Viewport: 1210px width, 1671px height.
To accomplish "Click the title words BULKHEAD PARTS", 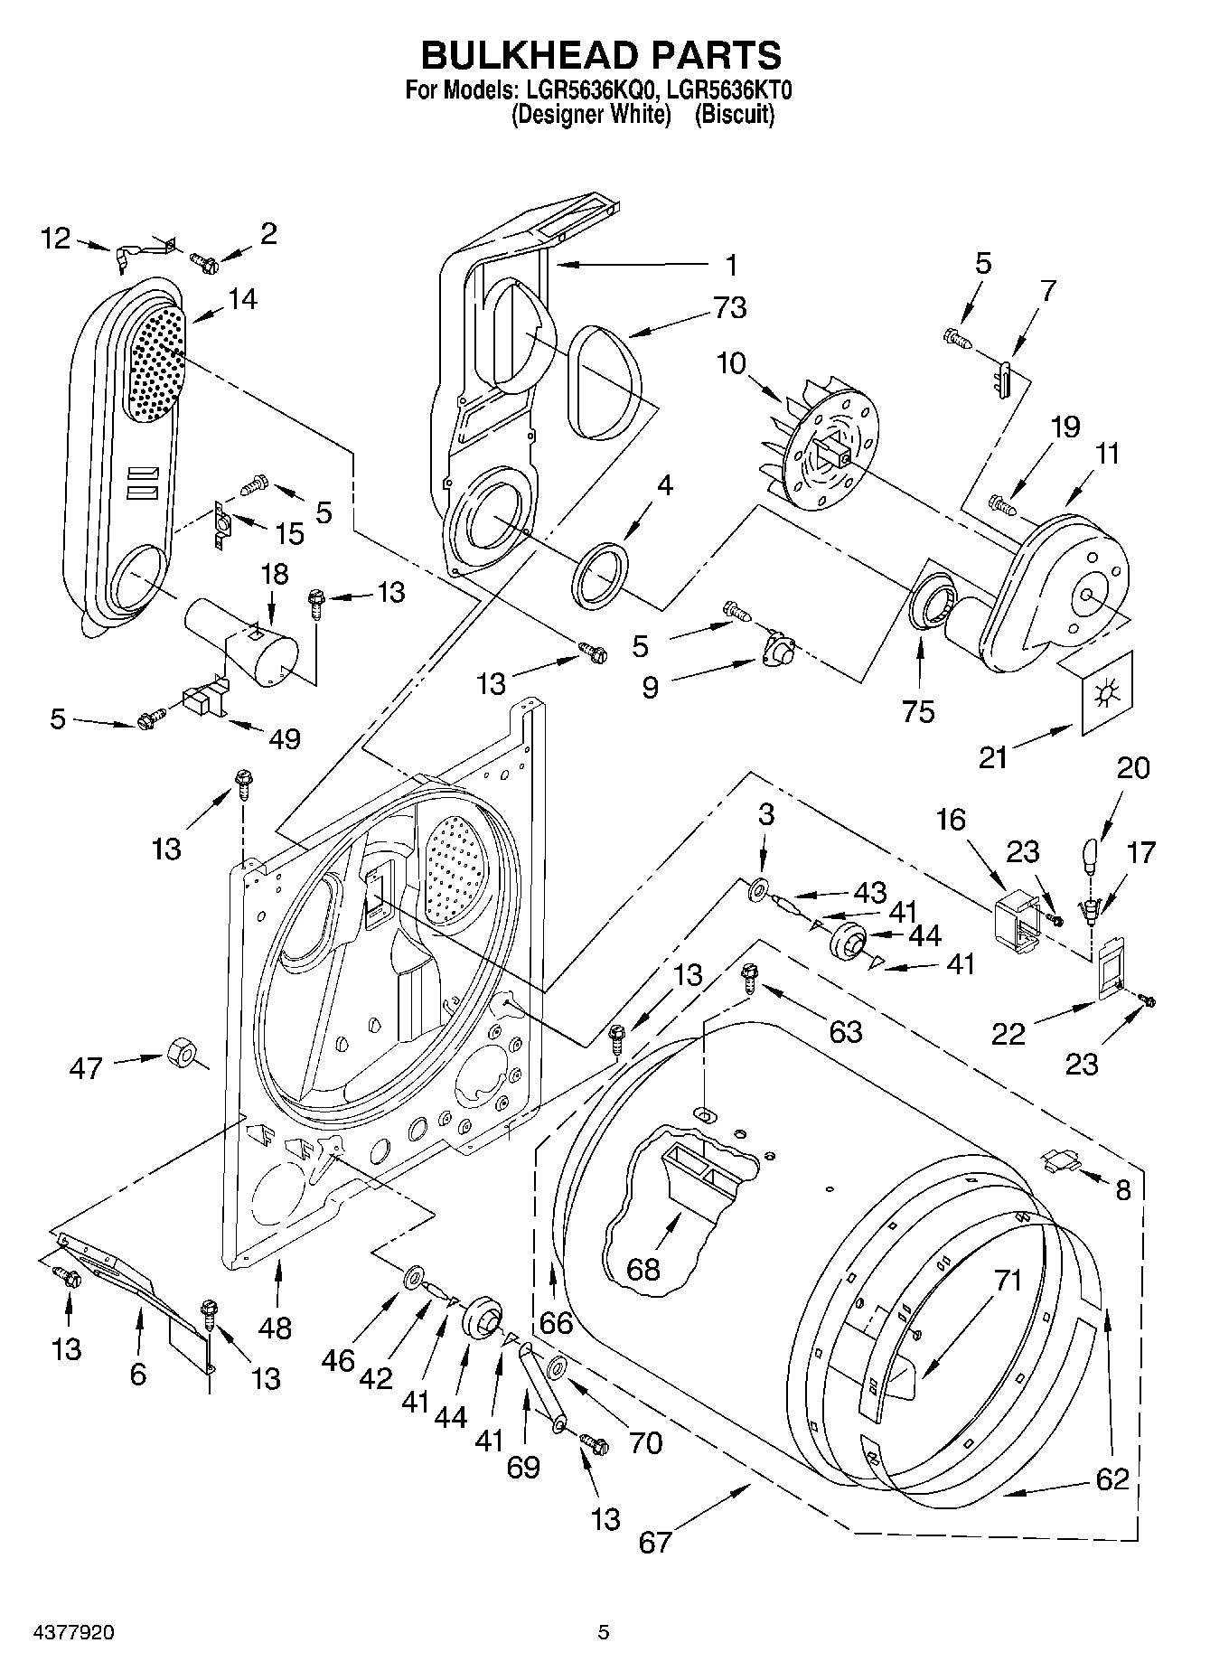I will coord(602,56).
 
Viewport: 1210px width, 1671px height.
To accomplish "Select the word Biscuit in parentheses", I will coord(734,115).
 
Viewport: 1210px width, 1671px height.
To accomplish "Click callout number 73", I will coord(729,308).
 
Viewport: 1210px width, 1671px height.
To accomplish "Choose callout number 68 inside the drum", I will coord(643,1269).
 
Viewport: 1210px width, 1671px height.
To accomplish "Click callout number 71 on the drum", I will coord(1008,1281).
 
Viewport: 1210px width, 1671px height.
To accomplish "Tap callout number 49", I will coord(285,738).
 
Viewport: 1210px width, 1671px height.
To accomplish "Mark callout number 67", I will coord(655,1541).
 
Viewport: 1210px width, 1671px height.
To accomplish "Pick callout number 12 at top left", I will coord(56,239).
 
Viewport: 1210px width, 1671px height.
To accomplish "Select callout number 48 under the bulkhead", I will coord(275,1328).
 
